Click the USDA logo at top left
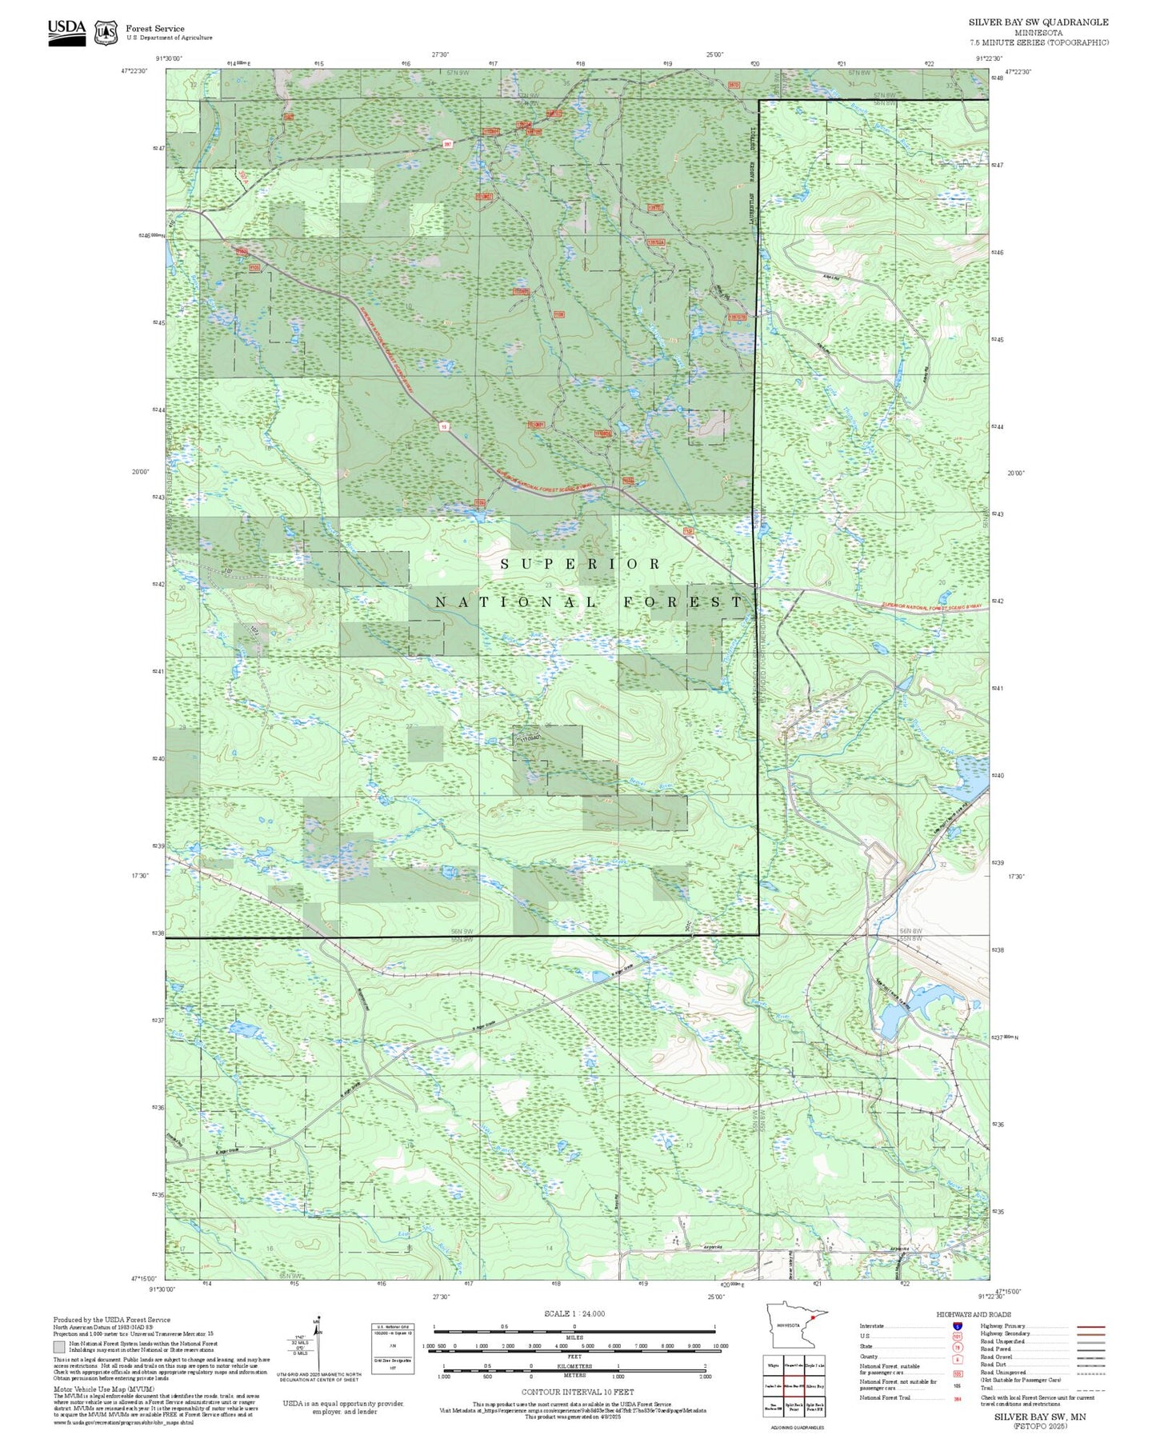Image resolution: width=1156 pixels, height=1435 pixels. point(66,30)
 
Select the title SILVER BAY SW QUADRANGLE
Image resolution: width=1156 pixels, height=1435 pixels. point(1038,22)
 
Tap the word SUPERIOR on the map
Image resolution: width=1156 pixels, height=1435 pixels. point(581,564)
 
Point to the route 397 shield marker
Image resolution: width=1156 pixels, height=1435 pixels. point(448,144)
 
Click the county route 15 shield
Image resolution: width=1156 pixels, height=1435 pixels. point(443,426)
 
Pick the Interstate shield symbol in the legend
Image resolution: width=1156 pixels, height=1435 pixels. point(957,1326)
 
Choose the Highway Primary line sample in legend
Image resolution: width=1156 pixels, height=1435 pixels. point(1090,1326)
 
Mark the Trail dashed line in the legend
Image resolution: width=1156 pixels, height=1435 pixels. point(1090,1389)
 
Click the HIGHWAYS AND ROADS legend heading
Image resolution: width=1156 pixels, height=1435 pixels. point(973,1314)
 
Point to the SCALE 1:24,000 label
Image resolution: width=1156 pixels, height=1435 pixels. point(574,1313)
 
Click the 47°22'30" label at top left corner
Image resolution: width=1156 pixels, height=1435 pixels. point(135,71)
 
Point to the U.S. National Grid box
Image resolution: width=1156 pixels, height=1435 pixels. point(393,1349)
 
